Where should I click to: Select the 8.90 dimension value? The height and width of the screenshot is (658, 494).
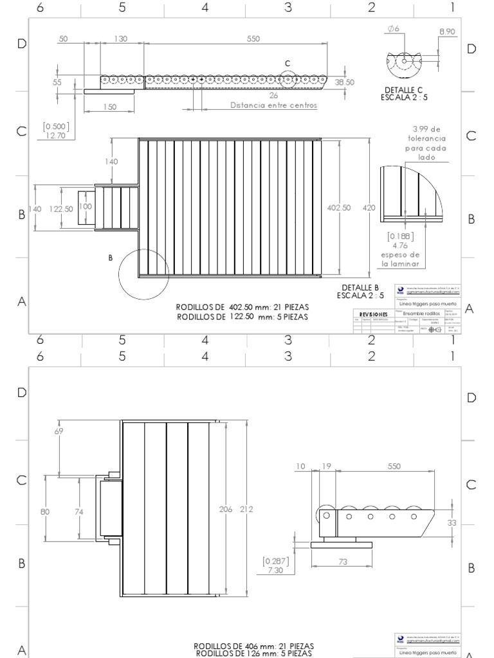point(447,31)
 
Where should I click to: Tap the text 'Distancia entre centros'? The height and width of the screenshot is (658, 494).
point(273,106)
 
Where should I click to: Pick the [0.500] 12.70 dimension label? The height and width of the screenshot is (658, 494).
point(56,131)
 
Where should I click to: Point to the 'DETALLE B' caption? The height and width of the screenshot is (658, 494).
point(360,287)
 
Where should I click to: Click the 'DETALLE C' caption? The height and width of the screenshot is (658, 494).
point(405,89)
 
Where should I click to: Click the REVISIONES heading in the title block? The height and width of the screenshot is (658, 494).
point(373,314)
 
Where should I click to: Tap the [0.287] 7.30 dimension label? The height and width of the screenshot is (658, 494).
point(275,565)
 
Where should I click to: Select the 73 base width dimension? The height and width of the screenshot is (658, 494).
point(342,562)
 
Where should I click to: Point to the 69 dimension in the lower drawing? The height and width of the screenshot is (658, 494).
point(60,432)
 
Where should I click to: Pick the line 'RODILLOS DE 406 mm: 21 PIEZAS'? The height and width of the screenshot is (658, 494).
point(254,645)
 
